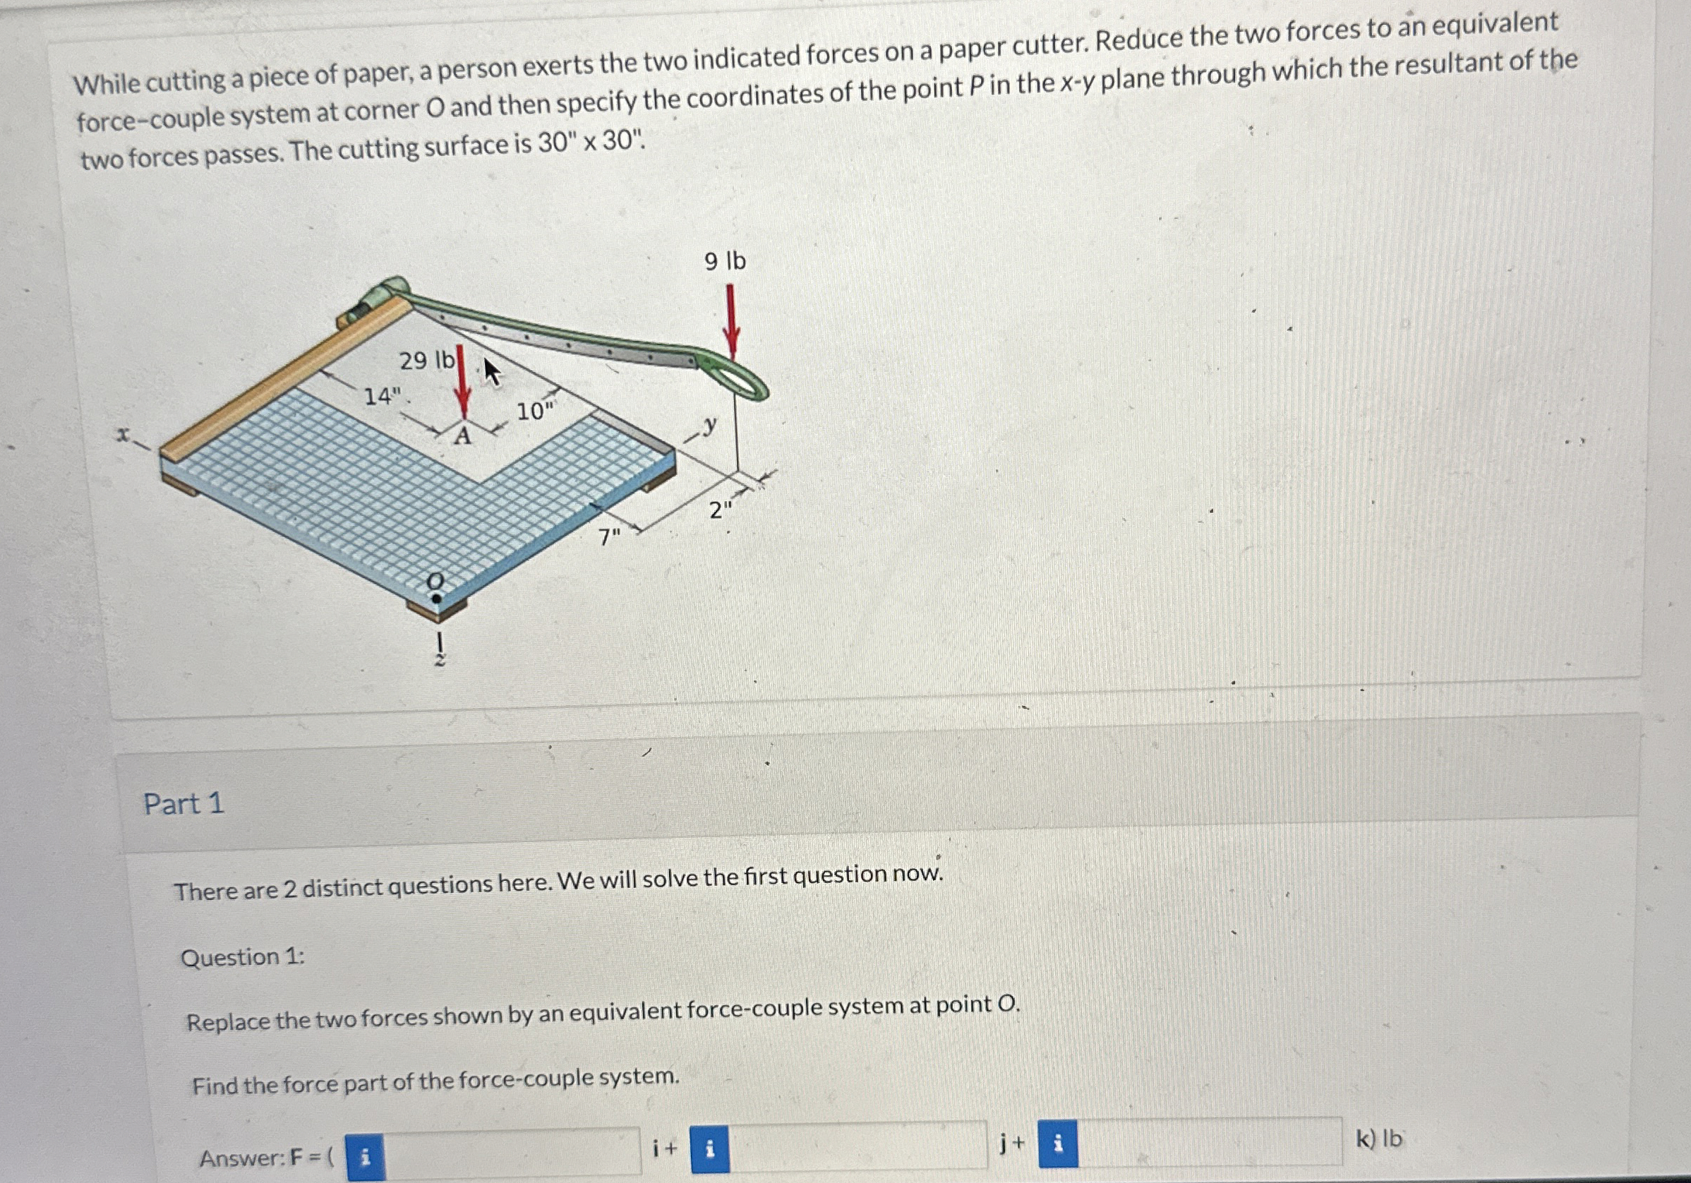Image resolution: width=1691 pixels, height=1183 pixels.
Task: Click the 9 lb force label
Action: pos(725,260)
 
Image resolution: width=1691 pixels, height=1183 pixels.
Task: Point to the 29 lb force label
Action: pos(426,360)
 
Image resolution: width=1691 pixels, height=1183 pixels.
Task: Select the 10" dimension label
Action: pos(536,409)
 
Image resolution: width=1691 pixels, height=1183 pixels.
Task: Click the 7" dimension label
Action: pos(608,537)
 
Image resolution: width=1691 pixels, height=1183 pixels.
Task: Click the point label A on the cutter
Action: pos(462,437)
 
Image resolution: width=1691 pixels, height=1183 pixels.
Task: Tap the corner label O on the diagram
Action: pos(436,581)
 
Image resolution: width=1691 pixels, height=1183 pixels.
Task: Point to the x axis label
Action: pos(122,435)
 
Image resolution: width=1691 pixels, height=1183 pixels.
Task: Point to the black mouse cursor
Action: pos(492,372)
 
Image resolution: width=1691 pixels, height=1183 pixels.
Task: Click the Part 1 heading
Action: pos(183,804)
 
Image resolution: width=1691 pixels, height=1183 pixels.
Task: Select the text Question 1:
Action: pos(243,958)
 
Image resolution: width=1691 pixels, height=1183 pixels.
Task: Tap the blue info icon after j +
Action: pos(1058,1143)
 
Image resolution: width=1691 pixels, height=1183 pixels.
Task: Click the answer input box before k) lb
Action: pos(1210,1142)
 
